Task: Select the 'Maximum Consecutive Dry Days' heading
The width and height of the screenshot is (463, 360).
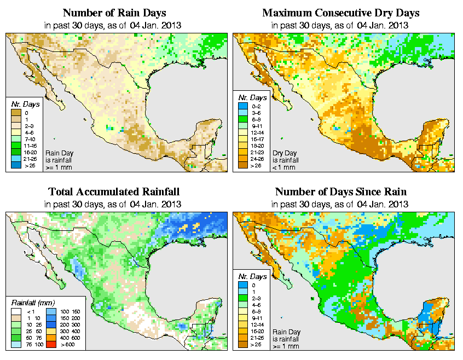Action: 341,12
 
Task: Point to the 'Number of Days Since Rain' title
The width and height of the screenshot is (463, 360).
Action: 341,192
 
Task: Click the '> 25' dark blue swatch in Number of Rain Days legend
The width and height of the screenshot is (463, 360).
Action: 15,165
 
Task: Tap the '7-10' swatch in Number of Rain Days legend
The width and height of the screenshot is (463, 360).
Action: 15,140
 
